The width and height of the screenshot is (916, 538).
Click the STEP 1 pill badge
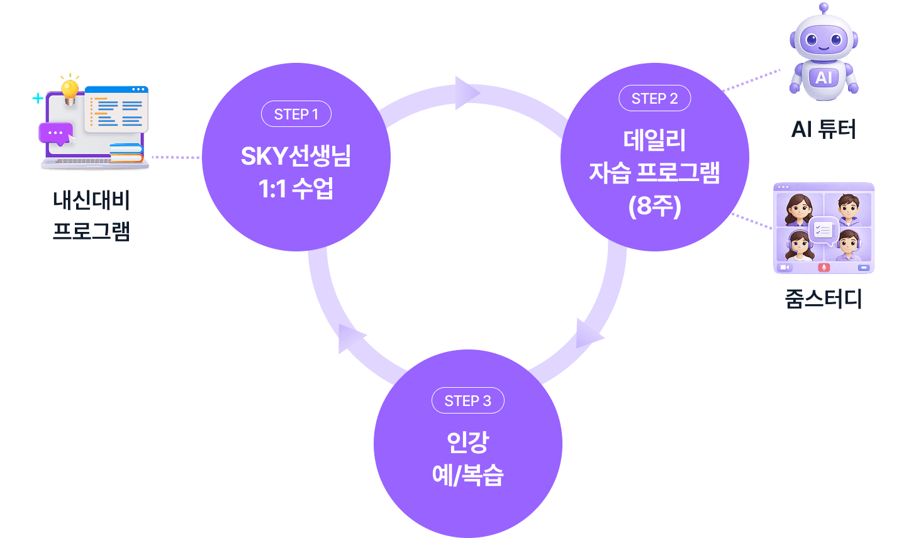coord(296,114)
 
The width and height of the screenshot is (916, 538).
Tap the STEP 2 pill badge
coord(654,99)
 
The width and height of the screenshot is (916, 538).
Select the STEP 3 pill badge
coord(467,401)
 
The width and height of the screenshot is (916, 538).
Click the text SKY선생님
coord(296,156)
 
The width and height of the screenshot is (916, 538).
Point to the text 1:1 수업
coord(296,188)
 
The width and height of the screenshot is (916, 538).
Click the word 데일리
coord(654,140)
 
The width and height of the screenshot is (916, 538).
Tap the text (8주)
coord(654,206)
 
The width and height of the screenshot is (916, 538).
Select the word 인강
coord(467,442)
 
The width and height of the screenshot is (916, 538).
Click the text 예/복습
coord(467,475)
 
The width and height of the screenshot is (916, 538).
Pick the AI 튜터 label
coord(824,129)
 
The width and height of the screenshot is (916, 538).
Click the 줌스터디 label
coord(824,299)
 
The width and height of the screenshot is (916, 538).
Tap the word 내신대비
coord(92,201)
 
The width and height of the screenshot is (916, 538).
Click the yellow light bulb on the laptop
coord(70,89)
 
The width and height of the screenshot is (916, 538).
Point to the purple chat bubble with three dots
coord(55,133)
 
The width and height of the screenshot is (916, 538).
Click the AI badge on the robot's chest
coord(824,78)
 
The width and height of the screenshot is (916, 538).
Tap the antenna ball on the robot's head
coord(824,7)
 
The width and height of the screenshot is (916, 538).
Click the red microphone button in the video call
coord(824,267)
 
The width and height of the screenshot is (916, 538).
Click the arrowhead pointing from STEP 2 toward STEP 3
coord(589,334)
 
